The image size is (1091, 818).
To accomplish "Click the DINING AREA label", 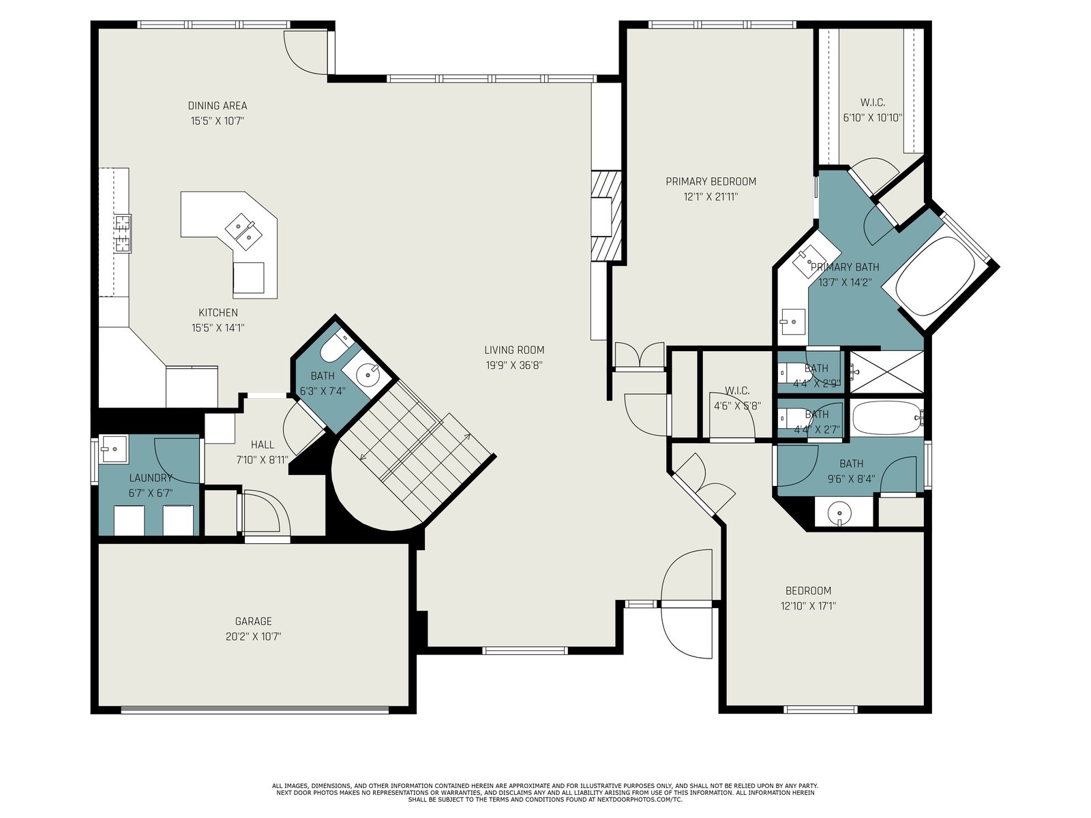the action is [x=218, y=105].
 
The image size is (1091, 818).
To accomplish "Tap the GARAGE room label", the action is [x=253, y=621].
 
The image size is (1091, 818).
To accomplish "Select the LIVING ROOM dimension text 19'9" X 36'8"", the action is [x=514, y=365].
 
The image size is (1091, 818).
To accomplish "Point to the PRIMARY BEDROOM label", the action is [x=711, y=181].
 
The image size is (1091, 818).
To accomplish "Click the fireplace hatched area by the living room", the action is [x=606, y=215].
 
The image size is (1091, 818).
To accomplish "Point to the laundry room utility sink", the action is [x=113, y=449].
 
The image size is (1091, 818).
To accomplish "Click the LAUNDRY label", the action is [x=151, y=478].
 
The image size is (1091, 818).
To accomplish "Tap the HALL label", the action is [x=263, y=444].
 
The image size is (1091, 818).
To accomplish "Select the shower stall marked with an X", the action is [x=886, y=372].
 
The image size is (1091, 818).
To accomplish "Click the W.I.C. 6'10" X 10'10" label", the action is [x=873, y=110].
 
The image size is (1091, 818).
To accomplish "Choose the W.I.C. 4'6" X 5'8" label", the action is [x=737, y=398].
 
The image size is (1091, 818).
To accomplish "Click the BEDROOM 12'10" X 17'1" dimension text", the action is [x=808, y=606].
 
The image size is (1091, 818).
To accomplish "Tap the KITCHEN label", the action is [x=218, y=312].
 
